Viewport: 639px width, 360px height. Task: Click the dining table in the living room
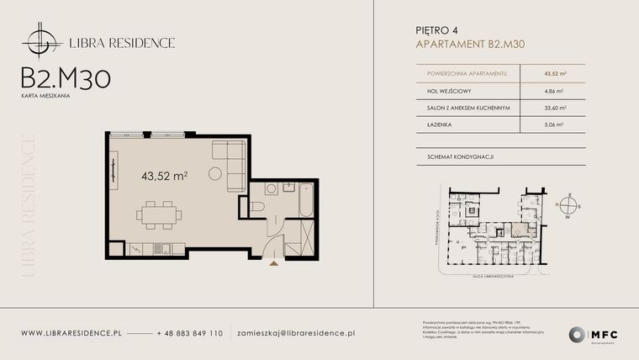160,214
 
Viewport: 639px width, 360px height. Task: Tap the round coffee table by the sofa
215,176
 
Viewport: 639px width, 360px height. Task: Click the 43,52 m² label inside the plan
164,176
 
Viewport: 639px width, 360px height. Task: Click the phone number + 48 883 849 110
190,334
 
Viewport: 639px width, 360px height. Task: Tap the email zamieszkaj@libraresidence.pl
296,334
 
